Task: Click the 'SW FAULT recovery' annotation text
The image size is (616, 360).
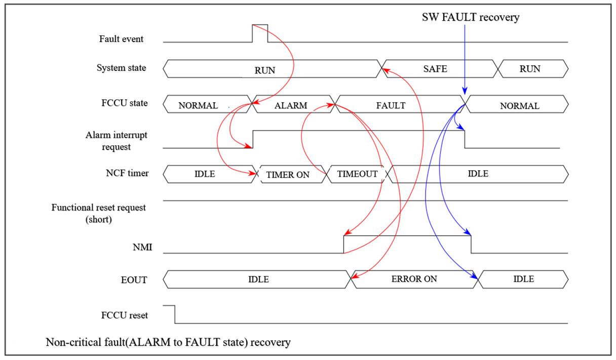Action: click(x=471, y=17)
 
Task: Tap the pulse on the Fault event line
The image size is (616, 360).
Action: click(x=260, y=25)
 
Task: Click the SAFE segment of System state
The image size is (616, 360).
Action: click(x=435, y=69)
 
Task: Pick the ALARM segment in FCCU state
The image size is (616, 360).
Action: click(x=291, y=106)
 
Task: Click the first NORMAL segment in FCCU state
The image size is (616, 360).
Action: click(x=198, y=106)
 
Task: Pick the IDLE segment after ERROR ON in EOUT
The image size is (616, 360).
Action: click(x=524, y=278)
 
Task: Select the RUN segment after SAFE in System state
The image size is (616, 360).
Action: click(x=530, y=69)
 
